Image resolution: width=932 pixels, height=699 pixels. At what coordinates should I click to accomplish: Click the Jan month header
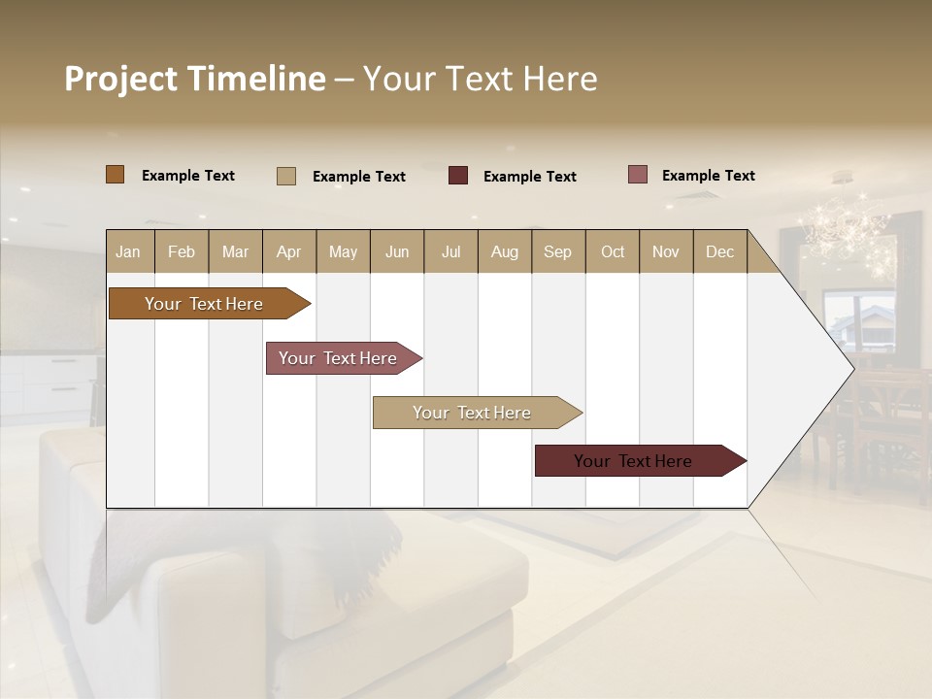[129, 251]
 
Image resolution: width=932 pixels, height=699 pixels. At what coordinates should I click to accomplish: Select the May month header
[343, 251]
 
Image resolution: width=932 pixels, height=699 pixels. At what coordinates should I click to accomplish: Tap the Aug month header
[504, 251]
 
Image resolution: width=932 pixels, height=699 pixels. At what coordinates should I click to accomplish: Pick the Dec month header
[719, 251]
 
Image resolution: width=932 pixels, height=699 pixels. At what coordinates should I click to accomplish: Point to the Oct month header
[613, 251]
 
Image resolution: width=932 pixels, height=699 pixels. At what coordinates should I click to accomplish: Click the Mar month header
[235, 251]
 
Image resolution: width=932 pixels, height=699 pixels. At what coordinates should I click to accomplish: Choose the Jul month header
[450, 251]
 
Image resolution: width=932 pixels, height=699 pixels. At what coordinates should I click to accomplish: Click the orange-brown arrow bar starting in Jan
[204, 304]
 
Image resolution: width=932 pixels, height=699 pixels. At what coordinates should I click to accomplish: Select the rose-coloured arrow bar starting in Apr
[338, 358]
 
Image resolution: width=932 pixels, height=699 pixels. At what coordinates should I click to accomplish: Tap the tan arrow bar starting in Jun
[472, 413]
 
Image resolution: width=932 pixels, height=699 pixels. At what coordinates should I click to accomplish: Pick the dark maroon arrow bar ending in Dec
[633, 461]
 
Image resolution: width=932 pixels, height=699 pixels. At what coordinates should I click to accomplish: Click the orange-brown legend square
[116, 175]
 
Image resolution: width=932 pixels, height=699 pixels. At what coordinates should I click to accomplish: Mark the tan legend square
[286, 176]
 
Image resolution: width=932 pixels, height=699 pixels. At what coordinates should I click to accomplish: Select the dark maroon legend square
[458, 176]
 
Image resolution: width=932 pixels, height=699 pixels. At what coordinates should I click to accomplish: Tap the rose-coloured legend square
[638, 175]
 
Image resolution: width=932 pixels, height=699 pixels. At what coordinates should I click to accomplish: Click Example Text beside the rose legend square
[708, 176]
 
